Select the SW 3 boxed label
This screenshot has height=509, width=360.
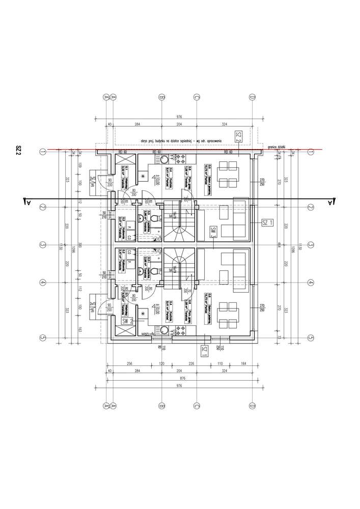pos(212,233)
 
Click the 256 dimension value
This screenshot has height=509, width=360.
pos(129,364)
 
